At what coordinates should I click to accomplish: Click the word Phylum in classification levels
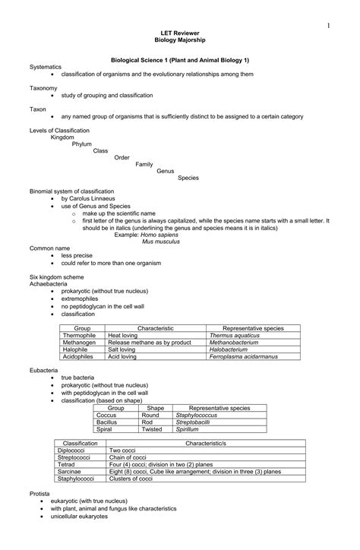tap(82, 144)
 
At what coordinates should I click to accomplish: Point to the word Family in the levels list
tap(145, 164)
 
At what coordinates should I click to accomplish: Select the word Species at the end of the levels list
tap(188, 178)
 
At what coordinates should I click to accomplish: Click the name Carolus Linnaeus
tap(90, 198)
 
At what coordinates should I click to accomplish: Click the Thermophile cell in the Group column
tap(79, 334)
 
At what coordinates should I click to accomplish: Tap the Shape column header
tap(155, 408)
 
